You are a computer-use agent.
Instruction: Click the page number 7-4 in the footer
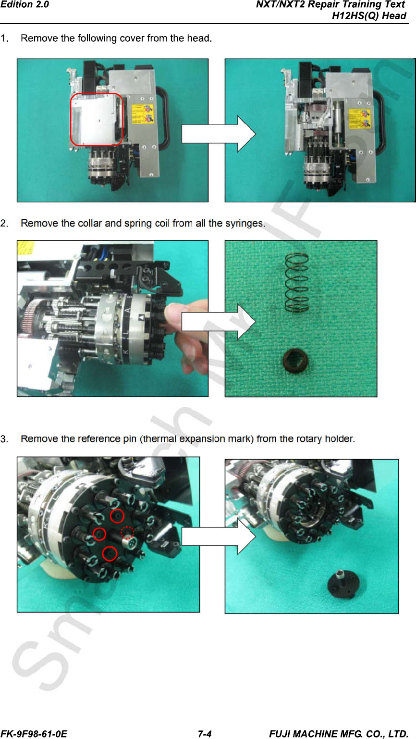coord(204,734)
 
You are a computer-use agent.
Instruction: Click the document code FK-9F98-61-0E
coord(34,734)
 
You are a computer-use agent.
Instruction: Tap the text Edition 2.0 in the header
coord(24,5)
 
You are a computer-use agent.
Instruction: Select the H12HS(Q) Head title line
coord(369,16)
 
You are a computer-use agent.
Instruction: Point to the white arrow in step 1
coord(219,134)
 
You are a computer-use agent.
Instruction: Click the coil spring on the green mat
coord(297,282)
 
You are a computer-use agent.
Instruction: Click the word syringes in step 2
coord(245,224)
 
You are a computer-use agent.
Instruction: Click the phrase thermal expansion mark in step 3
coord(198,439)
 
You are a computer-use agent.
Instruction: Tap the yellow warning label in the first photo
coord(142,114)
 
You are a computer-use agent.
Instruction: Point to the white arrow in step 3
coord(219,536)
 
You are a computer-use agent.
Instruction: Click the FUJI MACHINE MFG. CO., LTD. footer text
coord(339,734)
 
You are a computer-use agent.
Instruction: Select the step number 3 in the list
coord(4,439)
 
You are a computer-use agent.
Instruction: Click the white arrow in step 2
coord(219,322)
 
